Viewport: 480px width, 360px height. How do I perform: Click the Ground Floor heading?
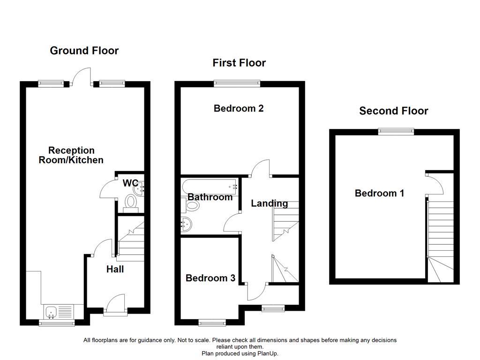(x=84, y=51)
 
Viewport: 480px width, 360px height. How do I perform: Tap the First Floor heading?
(x=239, y=63)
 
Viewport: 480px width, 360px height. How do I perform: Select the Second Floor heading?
(x=394, y=111)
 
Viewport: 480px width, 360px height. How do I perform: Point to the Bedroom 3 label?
(x=210, y=278)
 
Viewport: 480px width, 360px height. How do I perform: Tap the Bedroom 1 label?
(x=379, y=193)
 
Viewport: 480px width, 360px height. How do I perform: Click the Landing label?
(x=269, y=203)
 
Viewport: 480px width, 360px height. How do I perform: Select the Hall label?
(x=115, y=269)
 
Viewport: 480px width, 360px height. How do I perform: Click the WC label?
(x=130, y=183)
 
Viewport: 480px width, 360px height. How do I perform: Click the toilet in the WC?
(x=130, y=202)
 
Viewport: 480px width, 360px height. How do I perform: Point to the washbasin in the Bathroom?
(x=187, y=225)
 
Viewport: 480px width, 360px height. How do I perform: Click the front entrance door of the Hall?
(x=115, y=304)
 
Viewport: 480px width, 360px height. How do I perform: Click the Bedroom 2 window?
(x=237, y=83)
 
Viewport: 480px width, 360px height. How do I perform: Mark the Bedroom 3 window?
(x=212, y=322)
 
